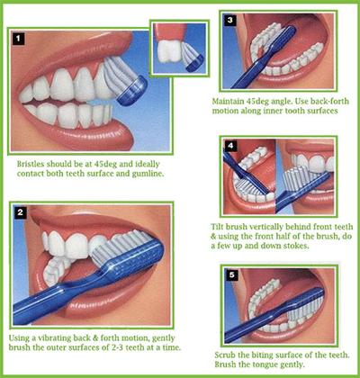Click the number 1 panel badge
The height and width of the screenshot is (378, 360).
pyautogui.click(x=18, y=39)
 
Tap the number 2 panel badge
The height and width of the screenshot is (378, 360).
pyautogui.click(x=20, y=212)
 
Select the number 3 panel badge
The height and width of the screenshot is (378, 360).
pyautogui.click(x=230, y=20)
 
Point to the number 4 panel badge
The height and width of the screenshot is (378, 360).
pyautogui.click(x=230, y=146)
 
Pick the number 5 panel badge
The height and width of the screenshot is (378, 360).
pyautogui.click(x=232, y=274)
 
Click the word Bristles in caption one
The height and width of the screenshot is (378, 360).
pyautogui.click(x=31, y=164)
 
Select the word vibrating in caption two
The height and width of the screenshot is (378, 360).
pyautogui.click(x=54, y=338)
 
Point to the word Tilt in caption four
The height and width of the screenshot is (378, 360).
pyautogui.click(x=217, y=227)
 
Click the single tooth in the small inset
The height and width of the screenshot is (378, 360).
pyautogui.click(x=169, y=51)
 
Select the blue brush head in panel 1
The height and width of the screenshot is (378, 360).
pyautogui.click(x=132, y=90)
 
